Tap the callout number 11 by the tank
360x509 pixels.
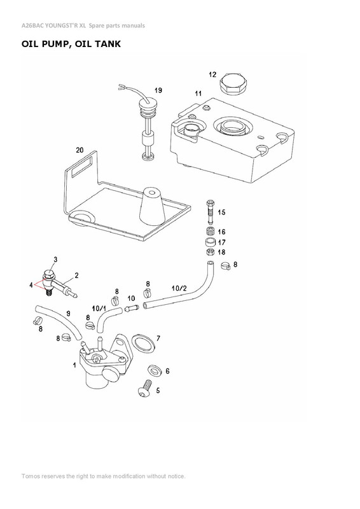(198, 94)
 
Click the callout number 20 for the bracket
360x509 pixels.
(80, 150)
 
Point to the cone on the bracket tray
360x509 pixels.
(151, 204)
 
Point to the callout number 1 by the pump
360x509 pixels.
(74, 365)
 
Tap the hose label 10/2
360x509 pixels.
(179, 288)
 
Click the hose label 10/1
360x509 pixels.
(99, 307)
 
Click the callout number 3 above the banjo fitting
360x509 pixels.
(55, 260)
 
